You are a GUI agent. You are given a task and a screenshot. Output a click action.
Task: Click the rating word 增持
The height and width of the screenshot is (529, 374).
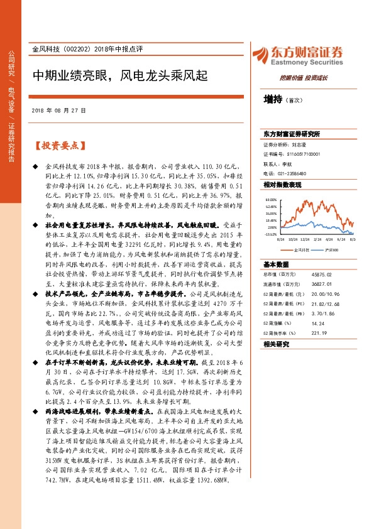click(273, 99)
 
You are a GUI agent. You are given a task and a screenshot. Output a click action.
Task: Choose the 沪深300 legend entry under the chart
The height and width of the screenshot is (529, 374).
click(333, 249)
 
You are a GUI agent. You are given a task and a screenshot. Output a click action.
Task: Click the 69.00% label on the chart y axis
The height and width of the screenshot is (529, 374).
click(271, 198)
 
